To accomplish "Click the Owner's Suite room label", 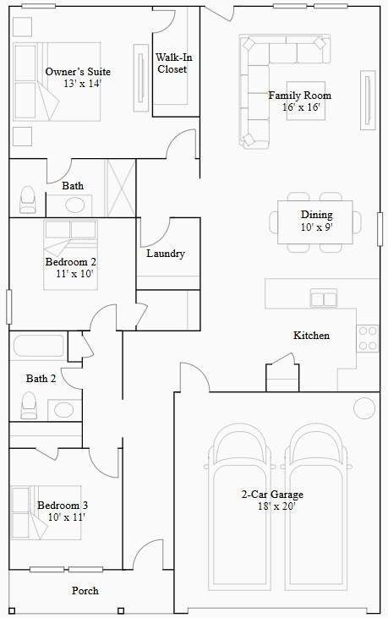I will pyautogui.click(x=78, y=72).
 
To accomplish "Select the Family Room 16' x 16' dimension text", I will pyautogui.click(x=299, y=107).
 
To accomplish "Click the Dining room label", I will pyautogui.click(x=316, y=215).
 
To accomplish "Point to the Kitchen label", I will pyautogui.click(x=311, y=336).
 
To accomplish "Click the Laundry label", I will pyautogui.click(x=165, y=254).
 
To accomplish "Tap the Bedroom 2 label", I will pyautogui.click(x=70, y=262).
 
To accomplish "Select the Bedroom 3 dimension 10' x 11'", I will pyautogui.click(x=67, y=517).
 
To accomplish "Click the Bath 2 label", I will pyautogui.click(x=41, y=379).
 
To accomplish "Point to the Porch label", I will pyautogui.click(x=85, y=591).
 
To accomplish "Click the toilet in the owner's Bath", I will pyautogui.click(x=28, y=200).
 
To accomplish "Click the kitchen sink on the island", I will pyautogui.click(x=324, y=298).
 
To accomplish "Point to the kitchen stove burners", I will pyautogui.click(x=368, y=337).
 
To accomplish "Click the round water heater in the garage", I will pyautogui.click(x=364, y=408).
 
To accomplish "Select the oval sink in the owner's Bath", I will pyautogui.click(x=77, y=205).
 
